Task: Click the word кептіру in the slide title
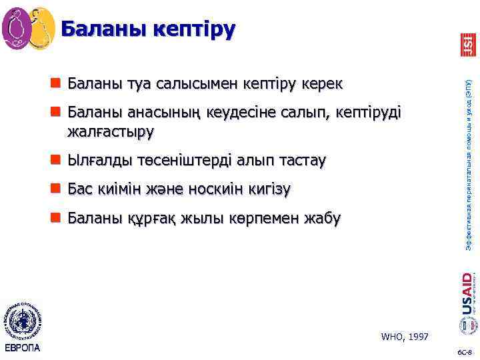coord(194,29)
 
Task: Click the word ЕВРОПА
coord(22,348)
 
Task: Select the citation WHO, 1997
coord(405,337)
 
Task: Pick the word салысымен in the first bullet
coord(189,84)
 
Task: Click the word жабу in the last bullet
coord(323,218)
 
